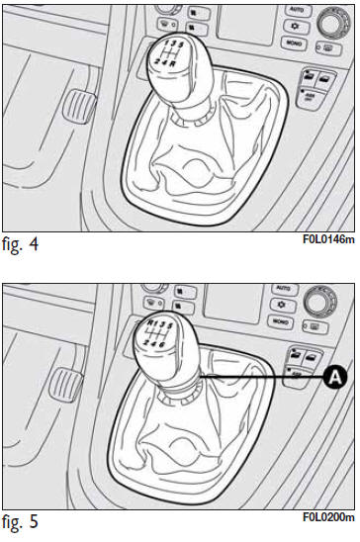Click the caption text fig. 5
pyautogui.click(x=21, y=521)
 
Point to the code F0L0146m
pyautogui.click(x=327, y=239)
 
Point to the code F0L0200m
pyautogui.click(x=327, y=517)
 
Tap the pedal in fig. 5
pyautogui.click(x=68, y=381)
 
